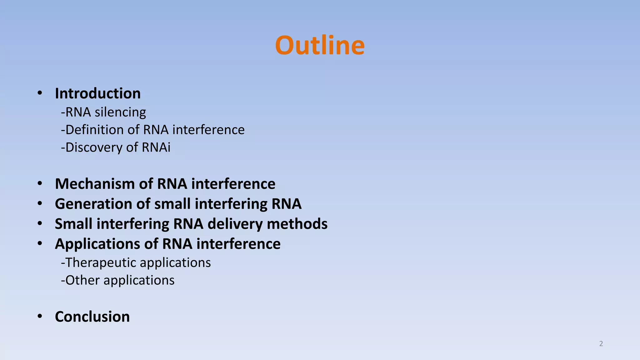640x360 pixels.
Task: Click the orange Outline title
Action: coord(320,46)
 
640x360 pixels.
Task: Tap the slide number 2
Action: coord(601,344)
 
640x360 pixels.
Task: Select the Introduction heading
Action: coord(98,93)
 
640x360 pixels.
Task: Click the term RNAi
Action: coord(156,147)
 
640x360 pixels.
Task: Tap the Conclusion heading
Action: coord(92,317)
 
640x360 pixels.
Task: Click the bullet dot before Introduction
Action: coord(40,93)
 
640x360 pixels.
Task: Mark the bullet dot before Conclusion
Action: coord(40,316)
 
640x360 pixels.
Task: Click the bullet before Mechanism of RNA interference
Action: coord(40,183)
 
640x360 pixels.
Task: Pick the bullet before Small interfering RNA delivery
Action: coord(40,223)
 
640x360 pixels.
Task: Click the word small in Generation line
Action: coord(173,204)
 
